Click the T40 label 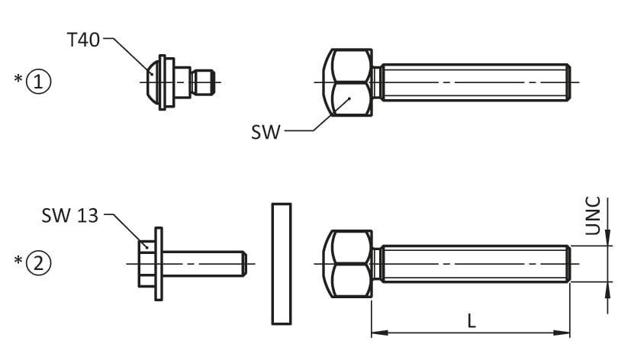click(x=83, y=40)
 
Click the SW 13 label click(x=70, y=216)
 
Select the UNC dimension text click(x=593, y=216)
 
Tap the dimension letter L click(x=472, y=321)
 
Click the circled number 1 click(x=39, y=82)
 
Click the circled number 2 click(x=39, y=263)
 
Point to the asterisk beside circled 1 click(x=18, y=78)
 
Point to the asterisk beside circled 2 click(x=18, y=260)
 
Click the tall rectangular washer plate click(x=282, y=264)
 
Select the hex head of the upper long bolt click(x=348, y=82)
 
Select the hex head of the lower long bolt click(x=348, y=264)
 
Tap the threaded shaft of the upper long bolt click(x=475, y=82)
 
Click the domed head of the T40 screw click(x=153, y=82)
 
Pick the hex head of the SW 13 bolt click(x=146, y=264)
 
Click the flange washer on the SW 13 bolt click(x=159, y=264)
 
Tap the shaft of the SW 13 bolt click(x=204, y=264)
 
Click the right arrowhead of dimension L click(x=562, y=333)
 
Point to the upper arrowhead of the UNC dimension click(x=607, y=238)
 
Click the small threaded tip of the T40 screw click(x=203, y=82)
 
